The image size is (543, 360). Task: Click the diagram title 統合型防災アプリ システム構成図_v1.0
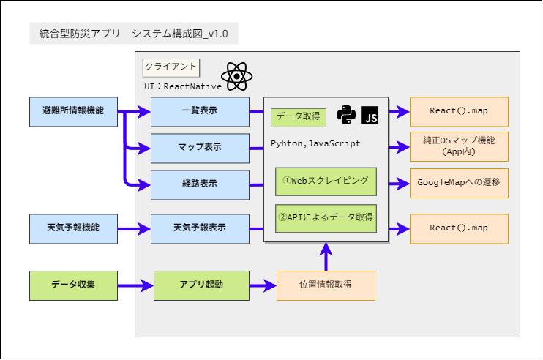tap(133, 34)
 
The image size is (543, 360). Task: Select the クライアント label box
tap(171, 67)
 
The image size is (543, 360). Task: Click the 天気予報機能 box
tap(73, 228)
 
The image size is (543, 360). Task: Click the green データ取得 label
tap(298, 117)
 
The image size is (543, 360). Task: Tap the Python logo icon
tap(346, 115)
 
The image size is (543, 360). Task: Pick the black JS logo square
tap(370, 115)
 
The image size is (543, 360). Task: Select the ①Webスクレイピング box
tap(326, 180)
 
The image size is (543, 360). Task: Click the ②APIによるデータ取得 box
tap(326, 217)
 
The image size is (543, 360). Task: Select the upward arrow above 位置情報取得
tap(326, 258)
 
